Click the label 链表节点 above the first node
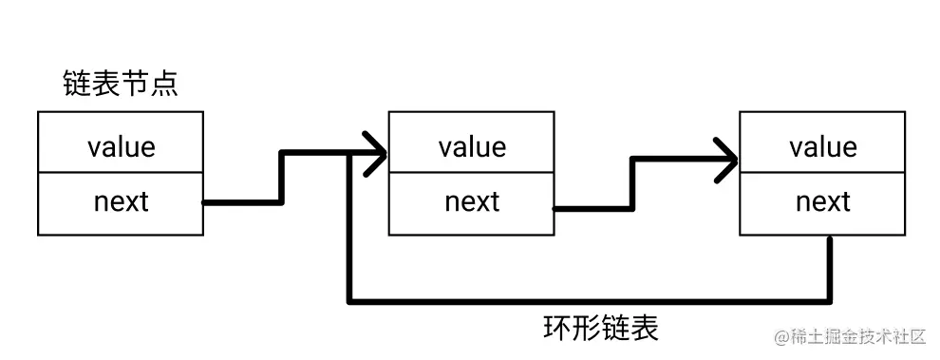[120, 85]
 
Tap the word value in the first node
[121, 146]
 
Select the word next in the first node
[121, 201]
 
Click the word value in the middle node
[472, 146]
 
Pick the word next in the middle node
[472, 201]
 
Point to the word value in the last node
[822, 146]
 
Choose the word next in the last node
[822, 201]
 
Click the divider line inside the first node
[121, 173]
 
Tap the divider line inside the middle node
[472, 173]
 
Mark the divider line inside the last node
[822, 173]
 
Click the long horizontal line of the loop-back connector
[589, 303]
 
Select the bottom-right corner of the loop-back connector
[831, 303]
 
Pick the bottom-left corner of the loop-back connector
[351, 303]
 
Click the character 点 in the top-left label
[164, 85]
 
